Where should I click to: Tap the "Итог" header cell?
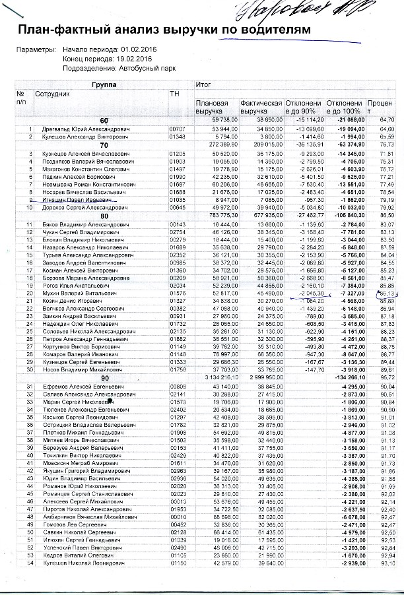point(204,85)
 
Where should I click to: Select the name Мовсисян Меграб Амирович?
point(67,464)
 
